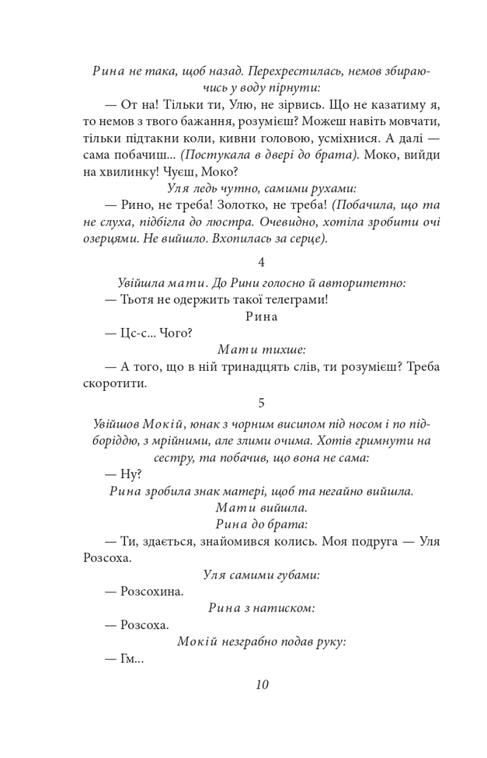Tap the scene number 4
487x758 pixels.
point(261,262)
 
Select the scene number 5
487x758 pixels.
point(261,403)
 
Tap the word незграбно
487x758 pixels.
point(256,641)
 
